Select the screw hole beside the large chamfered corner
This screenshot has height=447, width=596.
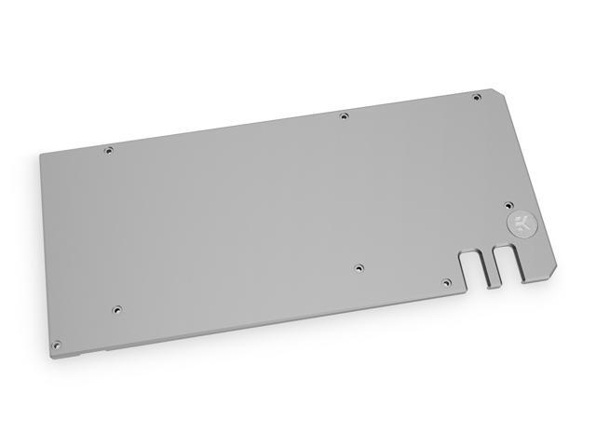click(x=476, y=97)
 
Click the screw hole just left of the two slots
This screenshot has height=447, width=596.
click(x=445, y=281)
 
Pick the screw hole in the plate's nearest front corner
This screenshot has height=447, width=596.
click(x=57, y=344)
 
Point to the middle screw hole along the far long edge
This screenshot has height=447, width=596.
click(x=344, y=116)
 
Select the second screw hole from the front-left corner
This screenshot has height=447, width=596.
click(x=116, y=308)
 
